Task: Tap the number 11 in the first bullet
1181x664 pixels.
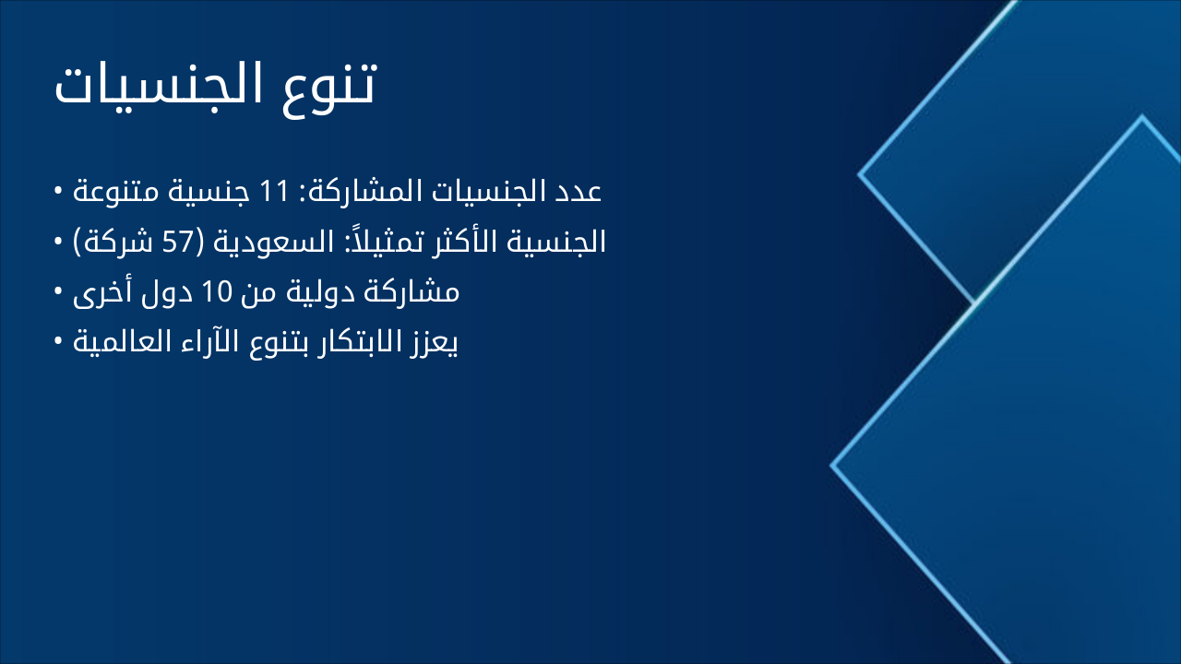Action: coord(275,192)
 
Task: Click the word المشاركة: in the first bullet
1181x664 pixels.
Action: coord(364,192)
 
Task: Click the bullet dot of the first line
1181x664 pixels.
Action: coord(58,192)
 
